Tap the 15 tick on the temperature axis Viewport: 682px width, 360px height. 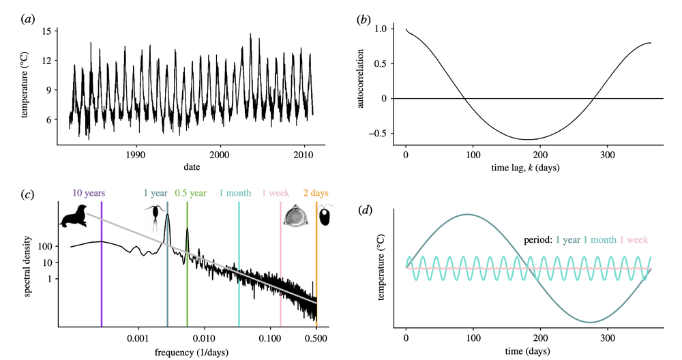(x=46, y=31)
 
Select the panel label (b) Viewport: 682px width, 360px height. (x=364, y=18)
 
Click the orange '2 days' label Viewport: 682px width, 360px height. (x=314, y=193)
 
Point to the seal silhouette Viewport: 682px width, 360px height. (x=73, y=217)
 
